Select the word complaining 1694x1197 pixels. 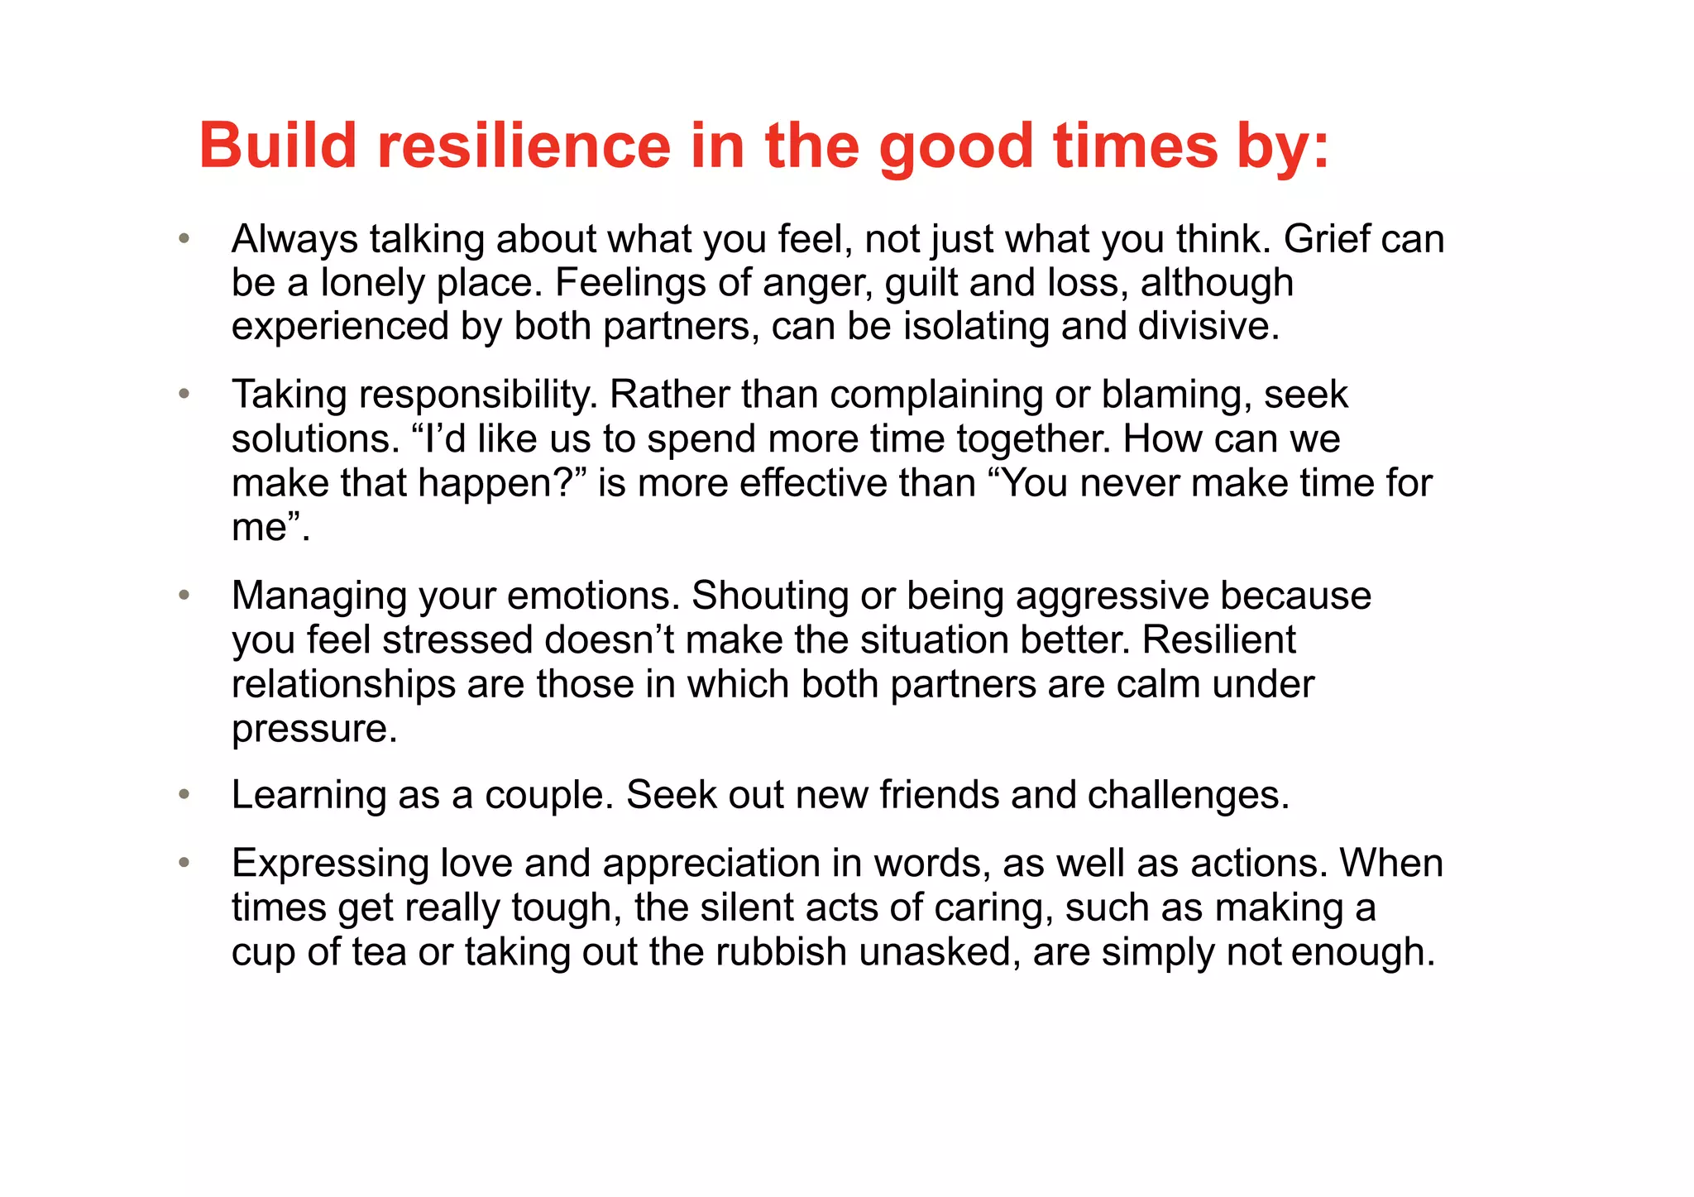point(936,395)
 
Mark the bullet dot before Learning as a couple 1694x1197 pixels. point(184,795)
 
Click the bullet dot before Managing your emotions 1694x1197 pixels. point(184,596)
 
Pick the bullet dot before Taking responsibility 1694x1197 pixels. point(184,394)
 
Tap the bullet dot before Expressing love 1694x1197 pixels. point(184,863)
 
